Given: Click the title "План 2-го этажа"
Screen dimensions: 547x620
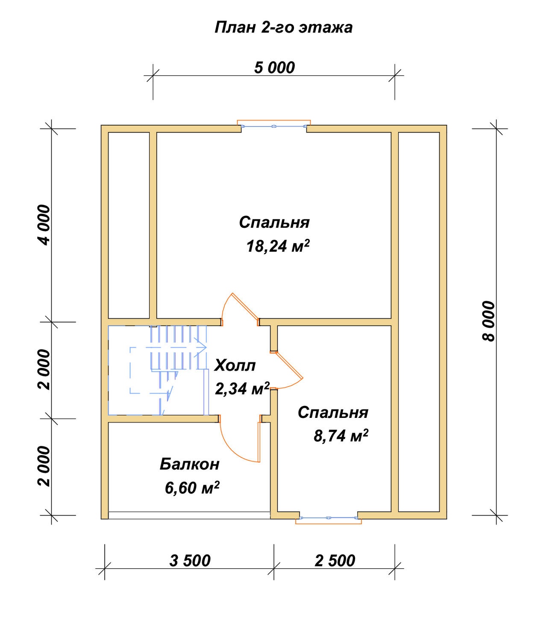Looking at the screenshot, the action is pyautogui.click(x=283, y=27).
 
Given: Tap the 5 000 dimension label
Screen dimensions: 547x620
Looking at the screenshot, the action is pyautogui.click(x=275, y=68).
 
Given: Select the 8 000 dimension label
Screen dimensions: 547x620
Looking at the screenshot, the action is pyautogui.click(x=488, y=321).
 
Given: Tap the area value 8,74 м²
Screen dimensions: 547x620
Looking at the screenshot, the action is pyautogui.click(x=341, y=435).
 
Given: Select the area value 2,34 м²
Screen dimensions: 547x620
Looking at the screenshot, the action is pyautogui.click(x=242, y=389).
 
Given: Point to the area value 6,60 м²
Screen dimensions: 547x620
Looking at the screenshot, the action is pyautogui.click(x=192, y=488).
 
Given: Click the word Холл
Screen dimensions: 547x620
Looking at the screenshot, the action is pyautogui.click(x=235, y=365).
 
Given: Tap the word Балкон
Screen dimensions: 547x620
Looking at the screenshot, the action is pyautogui.click(x=189, y=464).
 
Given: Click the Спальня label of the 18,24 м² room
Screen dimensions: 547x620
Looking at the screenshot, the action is pyautogui.click(x=274, y=223).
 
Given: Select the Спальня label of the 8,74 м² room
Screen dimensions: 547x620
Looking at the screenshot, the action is pyautogui.click(x=333, y=412).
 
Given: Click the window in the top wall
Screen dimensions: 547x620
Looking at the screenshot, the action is pyautogui.click(x=274, y=126).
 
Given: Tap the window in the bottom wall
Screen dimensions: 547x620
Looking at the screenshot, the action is pyautogui.click(x=329, y=518).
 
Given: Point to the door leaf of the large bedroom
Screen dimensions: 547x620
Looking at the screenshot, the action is pyautogui.click(x=245, y=306).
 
